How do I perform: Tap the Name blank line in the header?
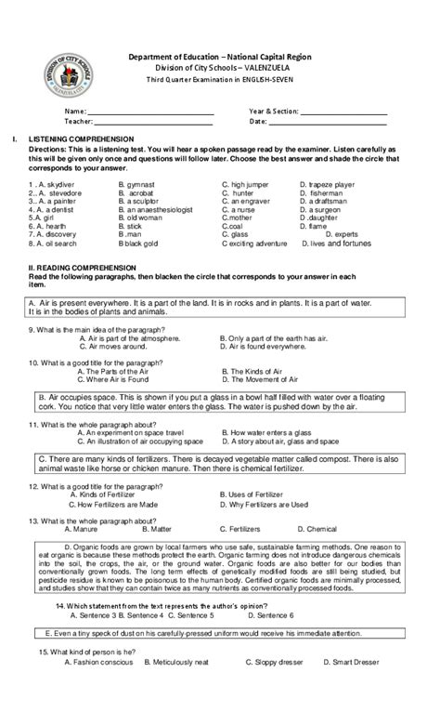(149, 113)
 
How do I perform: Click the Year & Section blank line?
(343, 113)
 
